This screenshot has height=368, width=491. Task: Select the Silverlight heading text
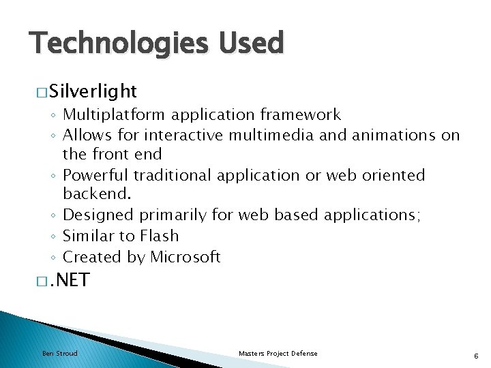pyautogui.click(x=93, y=91)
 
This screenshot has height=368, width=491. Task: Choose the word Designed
pyautogui.click(x=98, y=215)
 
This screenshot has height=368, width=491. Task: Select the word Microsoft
pyautogui.click(x=185, y=257)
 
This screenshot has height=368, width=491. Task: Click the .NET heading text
pyautogui.click(x=70, y=280)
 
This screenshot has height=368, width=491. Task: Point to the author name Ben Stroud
pyautogui.click(x=60, y=353)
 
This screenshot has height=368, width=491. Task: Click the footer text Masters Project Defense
pyautogui.click(x=278, y=353)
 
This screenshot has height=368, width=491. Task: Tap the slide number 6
pyautogui.click(x=475, y=354)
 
